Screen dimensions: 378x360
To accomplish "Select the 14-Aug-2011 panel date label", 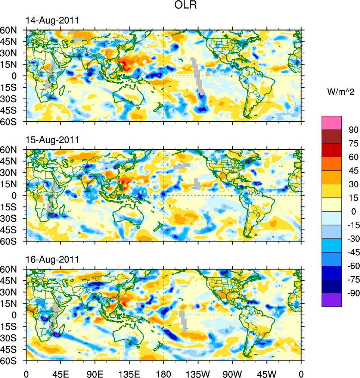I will (x=52, y=21).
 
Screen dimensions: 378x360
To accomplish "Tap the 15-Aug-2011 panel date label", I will (x=52, y=140).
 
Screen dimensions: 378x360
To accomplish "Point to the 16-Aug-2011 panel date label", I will (x=52, y=259).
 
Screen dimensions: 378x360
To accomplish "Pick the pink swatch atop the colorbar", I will (x=332, y=122).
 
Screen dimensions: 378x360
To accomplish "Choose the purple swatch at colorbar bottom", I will (x=332, y=300).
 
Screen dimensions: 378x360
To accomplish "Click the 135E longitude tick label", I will (x=129, y=373).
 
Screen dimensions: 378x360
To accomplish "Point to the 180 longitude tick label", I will (x=164, y=373).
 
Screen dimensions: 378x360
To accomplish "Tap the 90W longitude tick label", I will (x=232, y=373).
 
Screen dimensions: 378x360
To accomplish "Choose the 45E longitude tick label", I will (x=60, y=373).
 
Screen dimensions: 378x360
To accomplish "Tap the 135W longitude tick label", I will (x=198, y=373).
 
